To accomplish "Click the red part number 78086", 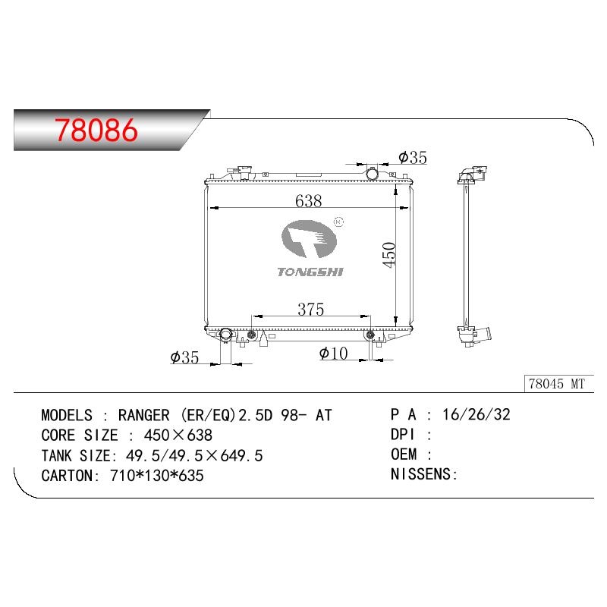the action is [x=96, y=130].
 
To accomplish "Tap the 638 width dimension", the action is [x=309, y=200].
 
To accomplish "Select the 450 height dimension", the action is [x=388, y=255].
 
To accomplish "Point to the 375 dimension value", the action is [x=311, y=309].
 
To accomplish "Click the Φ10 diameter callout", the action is [x=333, y=353].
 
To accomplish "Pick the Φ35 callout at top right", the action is [x=413, y=157].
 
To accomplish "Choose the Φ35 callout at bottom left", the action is [x=184, y=357].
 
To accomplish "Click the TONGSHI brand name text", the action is [x=310, y=272].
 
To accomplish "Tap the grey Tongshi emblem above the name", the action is [x=309, y=238].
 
